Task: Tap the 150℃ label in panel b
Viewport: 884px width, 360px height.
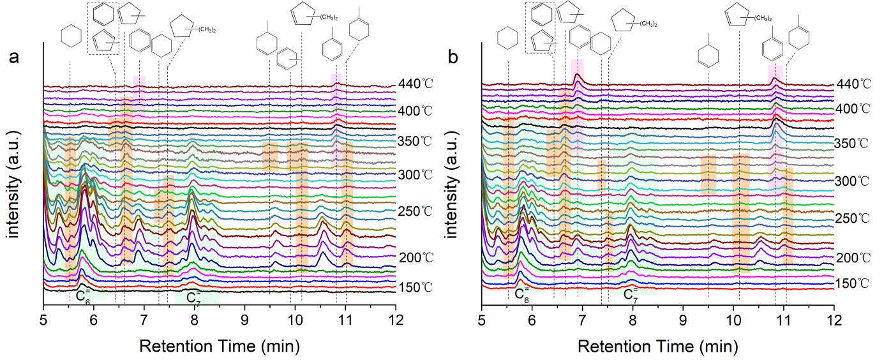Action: [854, 283]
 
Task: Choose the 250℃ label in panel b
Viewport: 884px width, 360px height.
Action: [854, 218]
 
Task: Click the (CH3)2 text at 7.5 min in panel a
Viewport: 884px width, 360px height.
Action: [207, 27]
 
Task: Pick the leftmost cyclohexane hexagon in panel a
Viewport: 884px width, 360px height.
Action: [71, 36]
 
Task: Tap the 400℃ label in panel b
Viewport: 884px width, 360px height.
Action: [854, 109]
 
